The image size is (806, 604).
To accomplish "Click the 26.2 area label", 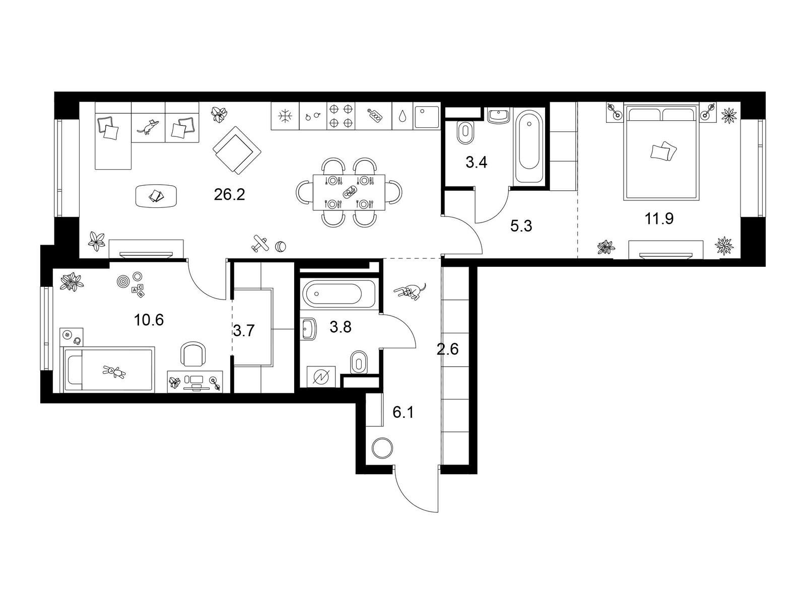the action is coord(229,194).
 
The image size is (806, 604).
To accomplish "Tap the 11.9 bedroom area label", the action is coord(659,218).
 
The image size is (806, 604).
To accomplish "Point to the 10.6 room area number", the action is coord(149,320).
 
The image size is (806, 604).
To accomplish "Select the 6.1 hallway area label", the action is coord(403,413).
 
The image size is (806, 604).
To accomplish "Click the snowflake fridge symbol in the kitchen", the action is coord(285,116).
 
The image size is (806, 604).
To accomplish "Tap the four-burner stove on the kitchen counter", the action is coord(341,116).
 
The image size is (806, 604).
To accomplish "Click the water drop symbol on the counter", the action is coord(402,116).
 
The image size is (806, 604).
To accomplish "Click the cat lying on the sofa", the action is coord(148,126).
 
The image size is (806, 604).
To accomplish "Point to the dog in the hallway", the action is coord(410,291).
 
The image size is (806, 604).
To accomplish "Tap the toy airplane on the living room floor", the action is coord(259,244).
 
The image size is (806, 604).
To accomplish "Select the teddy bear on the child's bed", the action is coord(114,372).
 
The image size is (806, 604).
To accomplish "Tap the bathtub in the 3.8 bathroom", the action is coord(338,294).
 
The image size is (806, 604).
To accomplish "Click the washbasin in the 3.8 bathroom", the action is coord(309,329).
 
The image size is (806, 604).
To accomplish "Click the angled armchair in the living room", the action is coord(237,150).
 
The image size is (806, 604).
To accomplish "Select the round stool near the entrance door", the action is coord(382,448).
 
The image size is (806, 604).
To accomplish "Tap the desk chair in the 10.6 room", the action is coord(193,354).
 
